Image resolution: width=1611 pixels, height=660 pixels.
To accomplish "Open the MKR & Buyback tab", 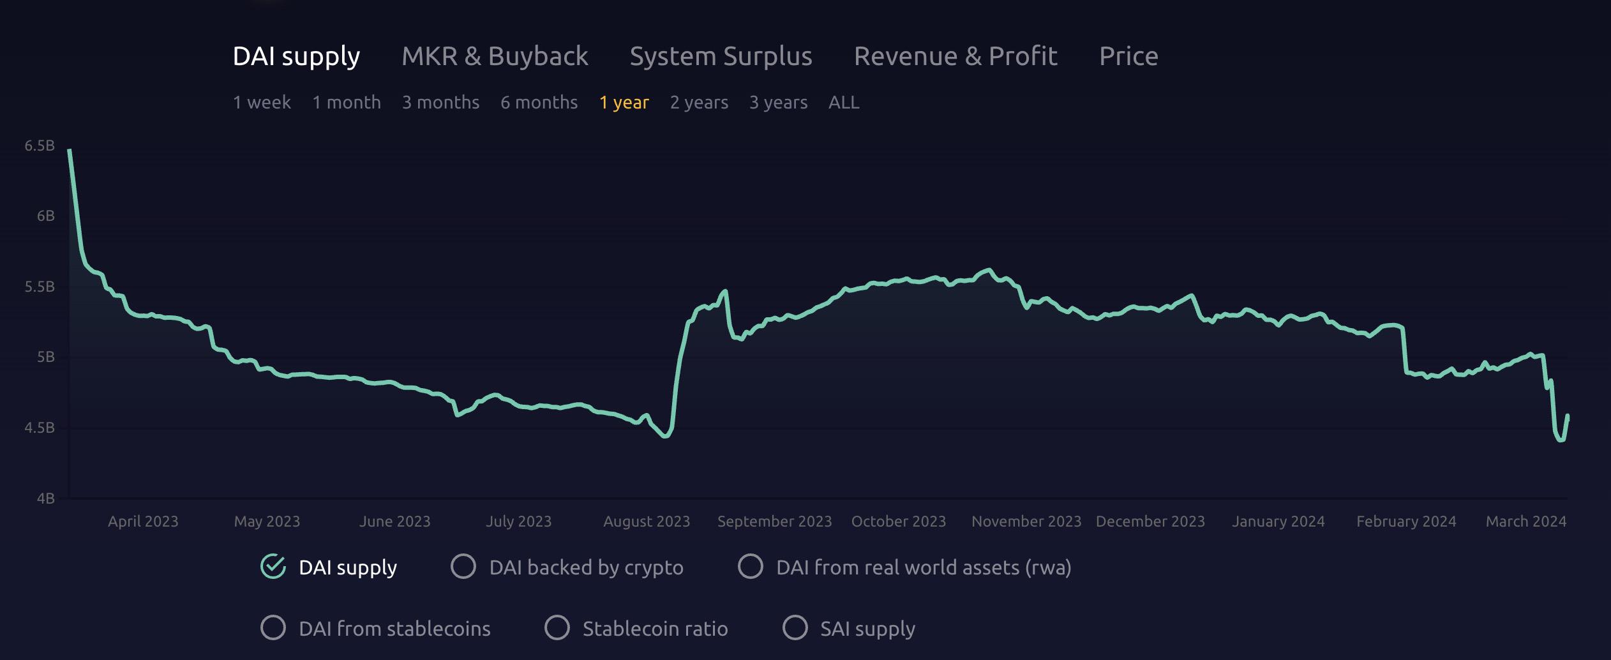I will coord(495,56).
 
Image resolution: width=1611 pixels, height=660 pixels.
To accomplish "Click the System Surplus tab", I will coord(721,56).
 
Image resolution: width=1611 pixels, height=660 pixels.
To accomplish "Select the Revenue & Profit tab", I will coord(955,56).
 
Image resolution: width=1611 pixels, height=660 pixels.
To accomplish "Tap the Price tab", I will coord(1128,56).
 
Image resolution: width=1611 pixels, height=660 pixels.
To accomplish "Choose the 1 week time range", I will coord(262,102).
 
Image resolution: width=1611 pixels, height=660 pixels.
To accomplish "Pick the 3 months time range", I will coord(440,102).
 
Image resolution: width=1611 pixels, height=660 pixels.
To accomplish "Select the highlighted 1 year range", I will coord(624,102).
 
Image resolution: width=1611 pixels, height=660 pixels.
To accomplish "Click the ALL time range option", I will coord(843,102).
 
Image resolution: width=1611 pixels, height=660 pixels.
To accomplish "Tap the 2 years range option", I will coord(699,102).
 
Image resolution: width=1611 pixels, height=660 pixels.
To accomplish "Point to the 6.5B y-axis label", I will coord(40,146).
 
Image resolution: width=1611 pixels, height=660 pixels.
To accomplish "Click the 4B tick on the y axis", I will coord(45,498).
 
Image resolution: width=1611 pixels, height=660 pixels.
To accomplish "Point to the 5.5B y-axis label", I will coord(40,287).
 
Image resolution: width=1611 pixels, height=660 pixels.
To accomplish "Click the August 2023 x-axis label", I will coord(647,521).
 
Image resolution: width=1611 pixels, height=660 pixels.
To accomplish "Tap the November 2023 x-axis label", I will coord(1026,521).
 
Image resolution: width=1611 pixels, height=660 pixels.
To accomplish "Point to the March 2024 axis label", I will coord(1525,521).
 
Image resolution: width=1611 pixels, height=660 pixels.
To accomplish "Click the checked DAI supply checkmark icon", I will coord(273,566).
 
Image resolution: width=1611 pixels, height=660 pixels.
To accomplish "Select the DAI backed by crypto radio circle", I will coord(463,566).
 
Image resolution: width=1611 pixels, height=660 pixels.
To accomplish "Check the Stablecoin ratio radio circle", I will coord(557,627).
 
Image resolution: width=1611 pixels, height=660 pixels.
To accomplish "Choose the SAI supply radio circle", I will coord(795,627).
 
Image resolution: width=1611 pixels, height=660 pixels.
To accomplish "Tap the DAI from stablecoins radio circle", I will coord(273,627).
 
